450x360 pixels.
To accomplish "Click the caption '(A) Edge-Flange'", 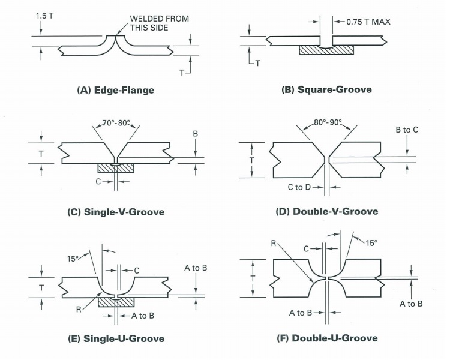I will [116, 90].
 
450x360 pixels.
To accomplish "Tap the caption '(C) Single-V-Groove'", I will [116, 212].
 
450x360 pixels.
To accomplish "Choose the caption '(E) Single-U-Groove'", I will [116, 338].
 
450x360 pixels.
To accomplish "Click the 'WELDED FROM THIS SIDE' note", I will [159, 23].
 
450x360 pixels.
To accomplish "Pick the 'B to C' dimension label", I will [407, 129].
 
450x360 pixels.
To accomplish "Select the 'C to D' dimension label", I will [299, 188].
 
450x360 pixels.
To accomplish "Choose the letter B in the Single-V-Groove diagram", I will [195, 136].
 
